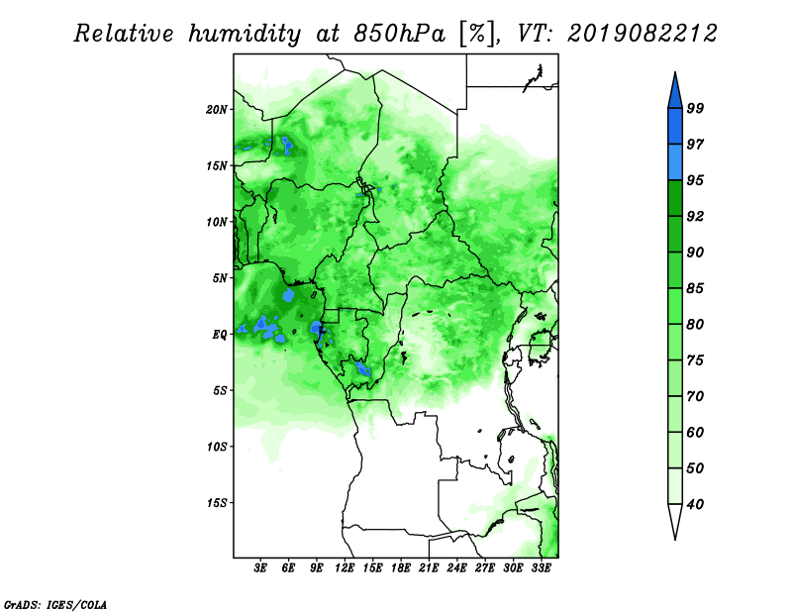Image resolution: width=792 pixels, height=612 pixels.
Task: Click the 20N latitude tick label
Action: point(217,110)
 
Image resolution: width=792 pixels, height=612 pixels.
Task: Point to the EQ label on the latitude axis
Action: point(219,335)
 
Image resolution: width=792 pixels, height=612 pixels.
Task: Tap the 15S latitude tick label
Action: point(217,503)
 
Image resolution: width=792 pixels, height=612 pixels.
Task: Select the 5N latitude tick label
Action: point(220,278)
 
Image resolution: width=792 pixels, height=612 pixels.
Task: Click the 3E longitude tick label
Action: point(260,568)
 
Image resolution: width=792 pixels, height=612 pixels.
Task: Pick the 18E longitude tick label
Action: point(401,568)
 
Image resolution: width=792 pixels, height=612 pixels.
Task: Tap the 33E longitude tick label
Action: point(541,568)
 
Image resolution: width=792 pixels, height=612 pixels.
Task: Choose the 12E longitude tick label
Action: point(345,568)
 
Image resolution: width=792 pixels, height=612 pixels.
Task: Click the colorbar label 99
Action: point(695,108)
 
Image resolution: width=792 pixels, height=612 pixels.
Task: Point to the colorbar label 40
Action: point(695,504)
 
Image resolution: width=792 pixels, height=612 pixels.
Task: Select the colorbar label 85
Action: point(695,288)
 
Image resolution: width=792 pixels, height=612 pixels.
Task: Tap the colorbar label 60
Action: point(695,433)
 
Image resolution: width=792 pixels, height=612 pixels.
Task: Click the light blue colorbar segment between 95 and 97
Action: point(675,162)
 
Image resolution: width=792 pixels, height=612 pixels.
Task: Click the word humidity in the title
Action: point(245,34)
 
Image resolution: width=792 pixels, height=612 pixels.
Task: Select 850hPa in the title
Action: point(400,34)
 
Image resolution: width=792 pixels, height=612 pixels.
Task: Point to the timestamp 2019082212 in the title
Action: point(642,34)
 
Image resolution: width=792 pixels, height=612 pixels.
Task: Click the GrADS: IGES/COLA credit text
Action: point(55,604)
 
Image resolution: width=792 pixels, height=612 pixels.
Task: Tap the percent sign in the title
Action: point(477,34)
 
